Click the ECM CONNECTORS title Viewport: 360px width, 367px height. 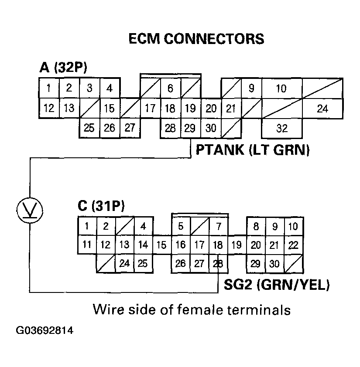(x=196, y=39)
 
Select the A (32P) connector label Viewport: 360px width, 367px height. (x=63, y=68)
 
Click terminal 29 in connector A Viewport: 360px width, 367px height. (x=190, y=128)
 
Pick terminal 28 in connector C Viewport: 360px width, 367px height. (x=218, y=263)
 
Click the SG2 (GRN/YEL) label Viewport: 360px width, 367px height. (x=277, y=285)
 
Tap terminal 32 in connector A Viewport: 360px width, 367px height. (x=281, y=129)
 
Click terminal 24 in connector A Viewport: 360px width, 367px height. (x=322, y=109)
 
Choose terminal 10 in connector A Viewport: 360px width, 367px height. (x=281, y=88)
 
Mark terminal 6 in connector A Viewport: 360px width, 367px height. (x=170, y=88)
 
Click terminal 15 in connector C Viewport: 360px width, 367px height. (x=161, y=245)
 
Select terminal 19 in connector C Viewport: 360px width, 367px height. (x=237, y=245)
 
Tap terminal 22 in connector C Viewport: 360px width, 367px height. (x=294, y=245)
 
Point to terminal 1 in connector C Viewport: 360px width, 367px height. (x=87, y=226)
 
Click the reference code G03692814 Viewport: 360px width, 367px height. (x=45, y=330)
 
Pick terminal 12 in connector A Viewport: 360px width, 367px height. (x=49, y=108)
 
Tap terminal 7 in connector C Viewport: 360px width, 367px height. (x=218, y=226)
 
